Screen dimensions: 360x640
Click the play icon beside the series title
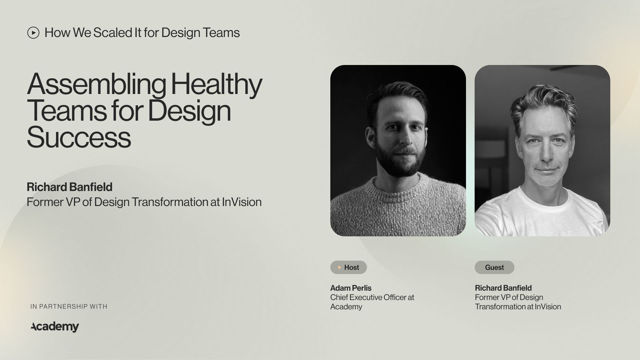(33, 33)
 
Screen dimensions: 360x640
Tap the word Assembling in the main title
(97, 84)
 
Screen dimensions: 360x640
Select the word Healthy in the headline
(216, 84)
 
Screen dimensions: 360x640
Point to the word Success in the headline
(79, 137)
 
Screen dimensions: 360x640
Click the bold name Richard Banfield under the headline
(69, 187)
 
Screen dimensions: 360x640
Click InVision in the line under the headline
(242, 202)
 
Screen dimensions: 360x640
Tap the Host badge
(348, 267)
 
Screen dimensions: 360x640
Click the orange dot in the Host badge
(339, 267)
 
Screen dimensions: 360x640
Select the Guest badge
(494, 267)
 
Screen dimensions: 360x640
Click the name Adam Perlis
(351, 288)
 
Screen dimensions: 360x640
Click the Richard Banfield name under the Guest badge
(503, 288)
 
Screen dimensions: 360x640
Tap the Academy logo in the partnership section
(55, 326)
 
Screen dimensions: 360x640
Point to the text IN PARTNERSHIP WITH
(69, 306)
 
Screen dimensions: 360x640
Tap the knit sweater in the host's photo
(397, 207)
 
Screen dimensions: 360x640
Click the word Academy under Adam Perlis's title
(346, 307)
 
